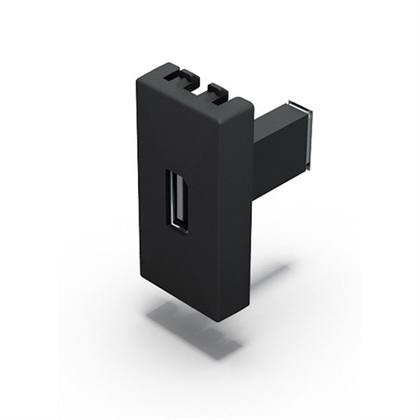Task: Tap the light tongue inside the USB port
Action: [173, 199]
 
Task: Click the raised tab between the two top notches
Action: [200, 81]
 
